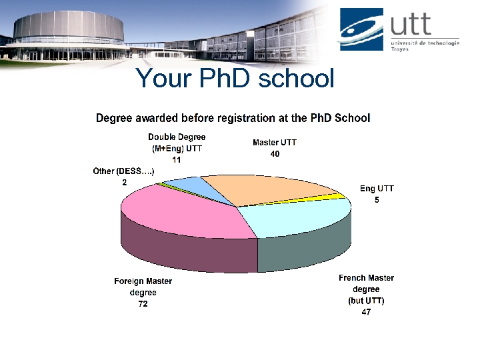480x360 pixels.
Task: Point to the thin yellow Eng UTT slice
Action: tap(339, 197)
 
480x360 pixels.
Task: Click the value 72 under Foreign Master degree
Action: tap(143, 304)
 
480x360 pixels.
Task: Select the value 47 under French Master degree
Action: tap(366, 311)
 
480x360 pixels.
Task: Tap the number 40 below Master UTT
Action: tap(275, 154)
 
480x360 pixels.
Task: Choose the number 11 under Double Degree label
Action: tap(176, 160)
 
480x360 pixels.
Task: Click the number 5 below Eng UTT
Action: tap(377, 200)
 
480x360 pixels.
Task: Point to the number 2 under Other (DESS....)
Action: tap(124, 182)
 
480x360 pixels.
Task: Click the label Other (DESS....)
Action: tap(124, 171)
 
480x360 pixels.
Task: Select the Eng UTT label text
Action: tap(377, 189)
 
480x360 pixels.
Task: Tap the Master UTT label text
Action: tap(275, 143)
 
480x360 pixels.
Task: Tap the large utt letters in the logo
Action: tap(411, 25)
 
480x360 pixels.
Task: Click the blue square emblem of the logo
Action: tap(361, 29)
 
